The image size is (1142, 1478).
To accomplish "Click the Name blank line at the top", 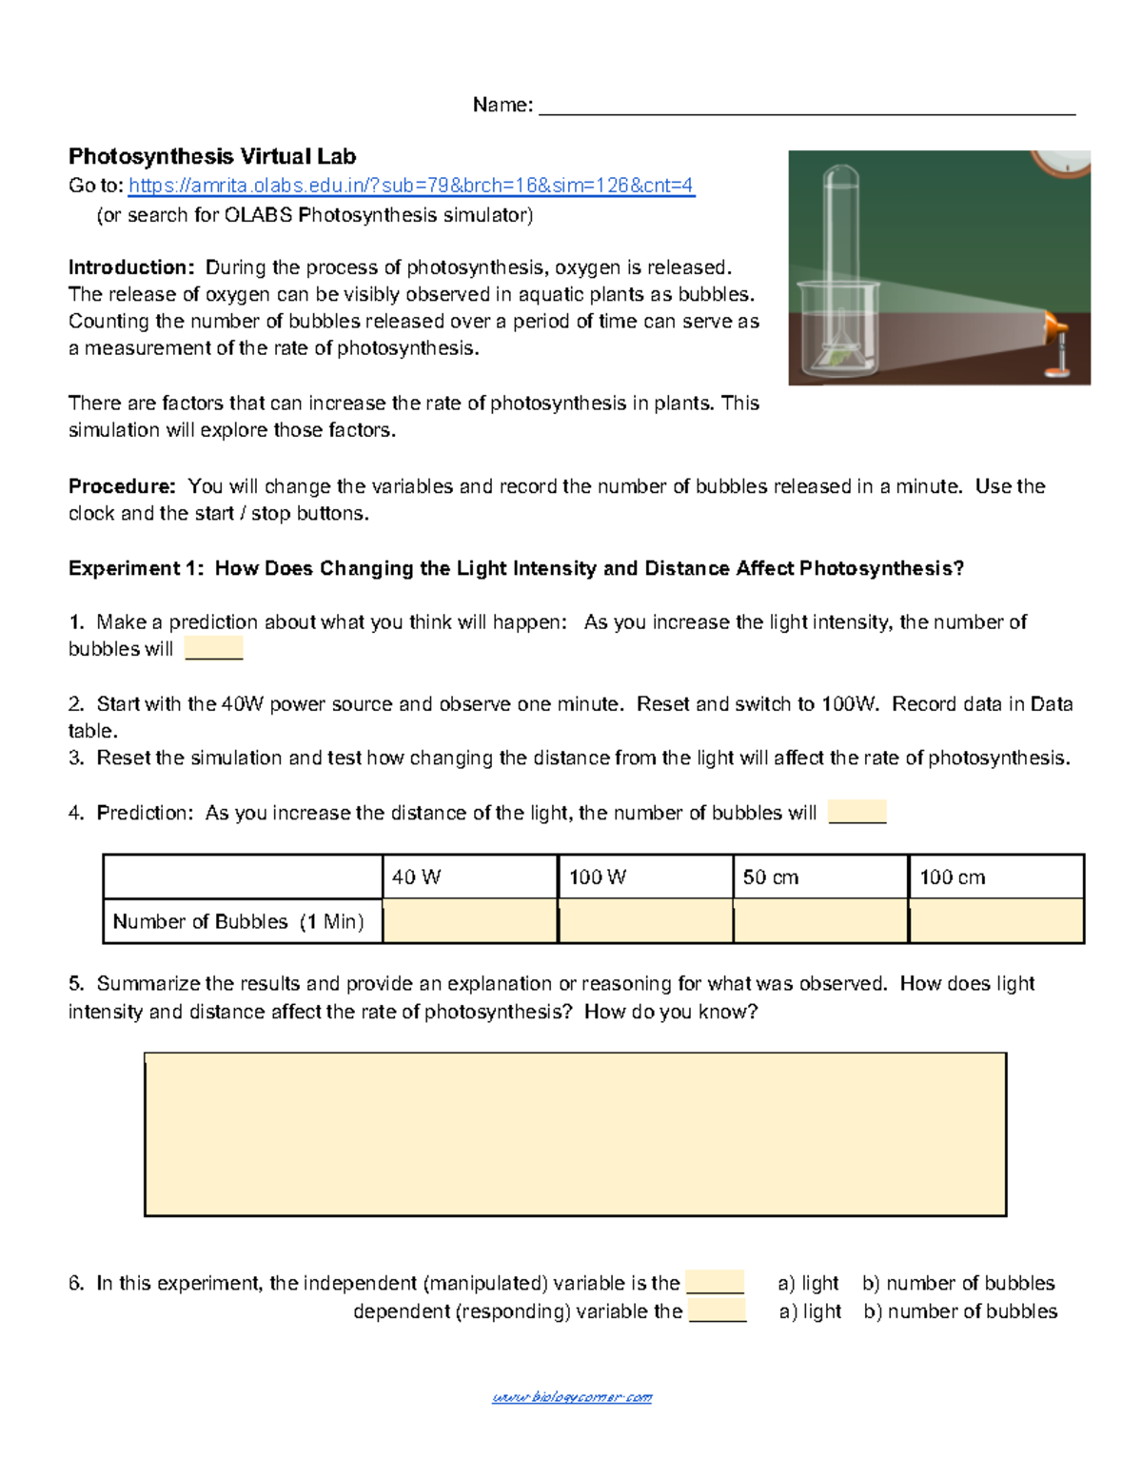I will [x=806, y=107].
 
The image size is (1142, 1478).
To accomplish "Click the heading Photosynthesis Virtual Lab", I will [x=212, y=157].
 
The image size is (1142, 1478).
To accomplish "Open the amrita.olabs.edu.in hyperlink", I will [x=411, y=186].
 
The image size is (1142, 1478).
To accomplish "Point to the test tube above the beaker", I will [x=840, y=228].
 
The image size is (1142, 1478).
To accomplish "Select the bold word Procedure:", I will [x=122, y=486].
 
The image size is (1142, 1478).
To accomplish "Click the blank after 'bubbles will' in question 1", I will [x=214, y=649].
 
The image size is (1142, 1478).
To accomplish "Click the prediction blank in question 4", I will [x=857, y=813].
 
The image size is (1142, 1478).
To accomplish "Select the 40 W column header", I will [x=469, y=877].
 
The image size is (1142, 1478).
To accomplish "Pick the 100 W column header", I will [x=645, y=877].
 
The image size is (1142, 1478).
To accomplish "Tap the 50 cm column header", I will [x=820, y=877].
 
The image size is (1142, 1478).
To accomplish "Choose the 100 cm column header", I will [x=995, y=877].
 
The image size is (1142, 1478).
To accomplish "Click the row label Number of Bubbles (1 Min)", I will [x=239, y=921].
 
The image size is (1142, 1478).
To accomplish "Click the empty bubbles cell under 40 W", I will [x=470, y=921].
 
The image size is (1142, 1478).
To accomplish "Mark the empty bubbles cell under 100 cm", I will [x=996, y=921].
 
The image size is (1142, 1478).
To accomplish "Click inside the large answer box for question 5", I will [x=575, y=1134].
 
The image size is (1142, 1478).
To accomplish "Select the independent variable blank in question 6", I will [x=715, y=1283].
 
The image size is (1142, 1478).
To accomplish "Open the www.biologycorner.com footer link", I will [x=572, y=1397].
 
